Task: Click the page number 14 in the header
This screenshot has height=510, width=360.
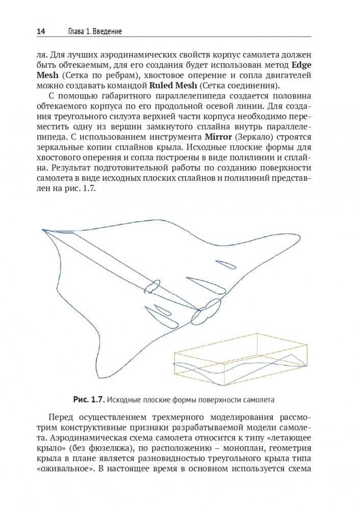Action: [41, 32]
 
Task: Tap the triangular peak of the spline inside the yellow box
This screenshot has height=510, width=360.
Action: [292, 354]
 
